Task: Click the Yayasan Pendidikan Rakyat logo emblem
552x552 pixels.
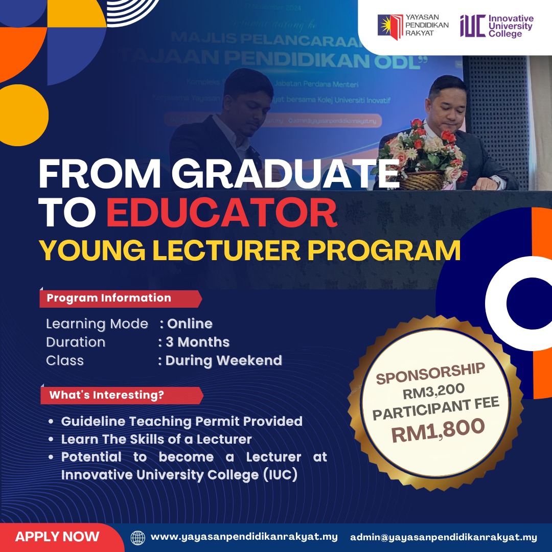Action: tap(390, 25)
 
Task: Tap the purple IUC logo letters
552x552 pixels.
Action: tap(472, 26)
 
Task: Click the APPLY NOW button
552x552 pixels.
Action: tap(57, 537)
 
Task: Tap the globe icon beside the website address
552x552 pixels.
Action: tap(138, 538)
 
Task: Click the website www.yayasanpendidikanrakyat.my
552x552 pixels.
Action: tap(244, 537)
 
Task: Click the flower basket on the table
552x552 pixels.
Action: tap(423, 158)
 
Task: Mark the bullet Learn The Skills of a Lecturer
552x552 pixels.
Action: tap(156, 440)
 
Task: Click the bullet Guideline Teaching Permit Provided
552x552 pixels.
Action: tap(181, 422)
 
